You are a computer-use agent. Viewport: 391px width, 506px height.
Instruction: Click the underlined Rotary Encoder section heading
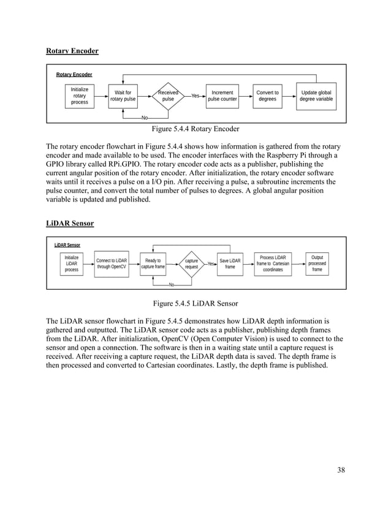pyautogui.click(x=72, y=50)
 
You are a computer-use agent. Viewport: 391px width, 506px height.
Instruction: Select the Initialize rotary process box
pyautogui.click(x=80, y=96)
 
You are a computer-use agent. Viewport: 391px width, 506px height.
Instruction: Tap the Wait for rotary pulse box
pyautogui.click(x=123, y=96)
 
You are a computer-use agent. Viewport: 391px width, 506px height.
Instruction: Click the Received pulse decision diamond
pyautogui.click(x=168, y=96)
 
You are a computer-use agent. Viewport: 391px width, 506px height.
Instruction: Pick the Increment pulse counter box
pyautogui.click(x=222, y=96)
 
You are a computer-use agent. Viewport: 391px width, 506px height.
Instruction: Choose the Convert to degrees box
pyautogui.click(x=267, y=96)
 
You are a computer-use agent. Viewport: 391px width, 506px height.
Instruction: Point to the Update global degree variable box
pyautogui.click(x=316, y=96)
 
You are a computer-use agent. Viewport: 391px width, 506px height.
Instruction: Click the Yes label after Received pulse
pyautogui.click(x=195, y=96)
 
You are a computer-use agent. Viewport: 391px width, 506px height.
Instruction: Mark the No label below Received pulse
pyautogui.click(x=145, y=118)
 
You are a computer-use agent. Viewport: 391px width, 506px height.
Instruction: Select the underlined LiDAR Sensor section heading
pyautogui.click(x=70, y=224)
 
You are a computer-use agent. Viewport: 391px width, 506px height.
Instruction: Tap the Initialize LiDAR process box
pyautogui.click(x=72, y=264)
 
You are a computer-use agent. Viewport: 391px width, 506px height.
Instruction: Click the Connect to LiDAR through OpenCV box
pyautogui.click(x=112, y=264)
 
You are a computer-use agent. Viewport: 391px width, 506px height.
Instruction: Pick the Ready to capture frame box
pyautogui.click(x=153, y=264)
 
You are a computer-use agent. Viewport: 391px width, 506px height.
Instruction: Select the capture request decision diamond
pyautogui.click(x=191, y=264)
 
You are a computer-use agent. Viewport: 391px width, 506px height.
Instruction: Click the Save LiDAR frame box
pyautogui.click(x=230, y=264)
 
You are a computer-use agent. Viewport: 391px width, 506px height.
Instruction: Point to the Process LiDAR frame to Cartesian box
pyautogui.click(x=273, y=264)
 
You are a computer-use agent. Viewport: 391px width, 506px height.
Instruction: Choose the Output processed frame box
pyautogui.click(x=317, y=264)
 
